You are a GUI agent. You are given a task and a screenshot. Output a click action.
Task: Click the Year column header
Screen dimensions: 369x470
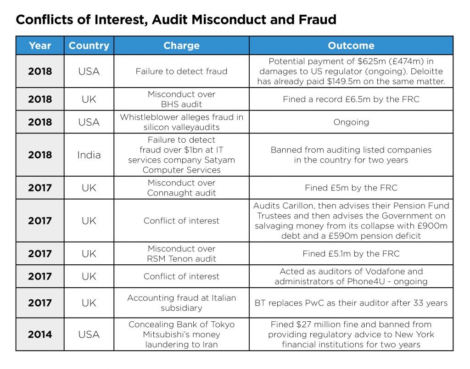pyautogui.click(x=40, y=46)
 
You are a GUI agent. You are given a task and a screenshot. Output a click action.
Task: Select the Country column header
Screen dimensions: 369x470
pyautogui.click(x=89, y=46)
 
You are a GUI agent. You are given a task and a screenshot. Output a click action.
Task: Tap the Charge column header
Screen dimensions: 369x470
pyautogui.click(x=181, y=46)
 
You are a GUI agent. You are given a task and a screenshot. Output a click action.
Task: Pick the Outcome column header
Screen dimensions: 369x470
pyautogui.click(x=351, y=46)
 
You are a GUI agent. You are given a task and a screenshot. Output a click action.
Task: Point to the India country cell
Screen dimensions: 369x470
pyautogui.click(x=89, y=155)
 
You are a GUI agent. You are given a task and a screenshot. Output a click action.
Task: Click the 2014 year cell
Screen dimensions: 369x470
pyautogui.click(x=40, y=335)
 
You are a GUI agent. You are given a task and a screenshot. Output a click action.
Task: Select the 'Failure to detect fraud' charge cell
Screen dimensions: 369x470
pyautogui.click(x=181, y=71)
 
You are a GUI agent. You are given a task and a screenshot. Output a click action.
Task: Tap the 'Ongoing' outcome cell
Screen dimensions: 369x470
pyautogui.click(x=351, y=122)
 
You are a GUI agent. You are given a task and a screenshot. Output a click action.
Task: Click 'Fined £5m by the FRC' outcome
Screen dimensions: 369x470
pyautogui.click(x=351, y=188)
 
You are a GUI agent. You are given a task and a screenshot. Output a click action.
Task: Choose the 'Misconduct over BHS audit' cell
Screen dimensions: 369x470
pyautogui.click(x=181, y=99)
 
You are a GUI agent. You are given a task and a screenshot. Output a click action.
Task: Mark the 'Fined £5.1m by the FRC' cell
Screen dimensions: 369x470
pyautogui.click(x=351, y=254)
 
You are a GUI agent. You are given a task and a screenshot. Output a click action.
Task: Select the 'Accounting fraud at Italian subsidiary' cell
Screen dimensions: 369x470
pyautogui.click(x=181, y=303)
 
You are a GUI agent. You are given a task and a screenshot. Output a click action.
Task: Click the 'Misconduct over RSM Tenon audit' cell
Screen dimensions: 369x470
pyautogui.click(x=181, y=254)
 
